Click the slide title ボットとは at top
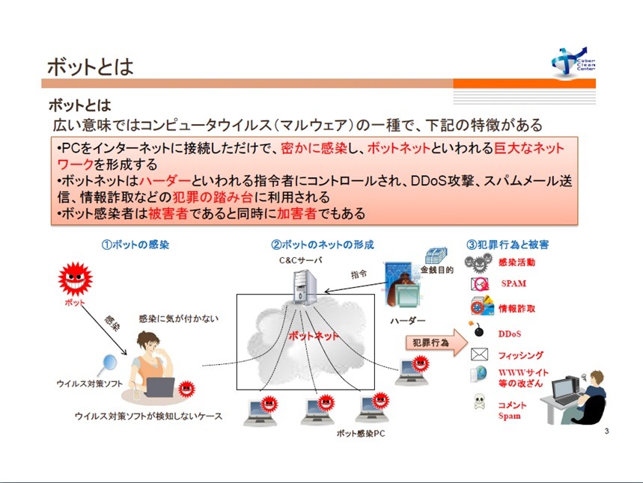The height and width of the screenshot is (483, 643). click(x=90, y=67)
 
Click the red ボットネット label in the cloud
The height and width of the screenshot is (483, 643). click(x=314, y=336)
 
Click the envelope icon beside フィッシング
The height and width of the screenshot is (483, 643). click(x=478, y=354)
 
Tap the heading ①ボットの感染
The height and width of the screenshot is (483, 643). click(x=135, y=244)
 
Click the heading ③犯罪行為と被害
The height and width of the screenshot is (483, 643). click(x=508, y=244)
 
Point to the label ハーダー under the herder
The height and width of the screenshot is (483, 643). click(x=408, y=320)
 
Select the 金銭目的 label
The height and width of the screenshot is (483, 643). click(x=437, y=270)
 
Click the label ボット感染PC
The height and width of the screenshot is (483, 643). click(x=360, y=433)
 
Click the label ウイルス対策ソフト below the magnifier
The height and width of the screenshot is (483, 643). click(x=90, y=384)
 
